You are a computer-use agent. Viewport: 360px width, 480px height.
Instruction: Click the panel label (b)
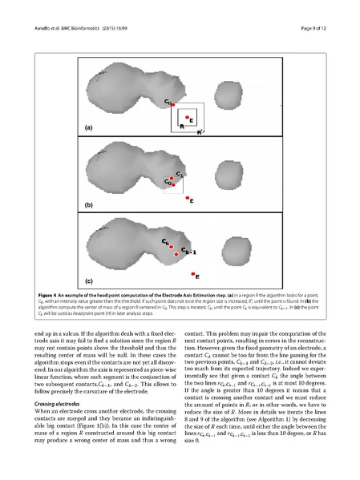tap(90, 205)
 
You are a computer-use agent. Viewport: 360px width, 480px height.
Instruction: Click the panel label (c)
tap(90, 281)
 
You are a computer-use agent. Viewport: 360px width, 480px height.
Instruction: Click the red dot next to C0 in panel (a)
tap(173, 105)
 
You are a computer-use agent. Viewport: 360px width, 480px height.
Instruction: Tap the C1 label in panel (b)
tap(180, 174)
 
